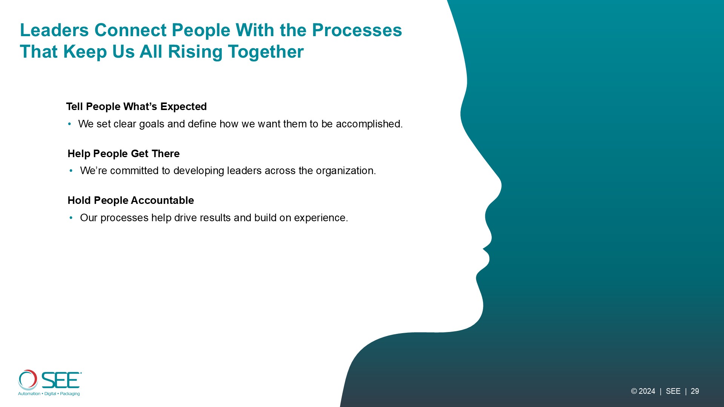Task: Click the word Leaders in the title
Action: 54,30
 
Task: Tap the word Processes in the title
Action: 357,30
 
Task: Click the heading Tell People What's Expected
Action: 137,107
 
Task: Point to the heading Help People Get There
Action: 124,154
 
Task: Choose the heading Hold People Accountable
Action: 131,200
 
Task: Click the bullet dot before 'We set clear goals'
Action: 69,124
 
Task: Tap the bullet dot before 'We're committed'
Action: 71,171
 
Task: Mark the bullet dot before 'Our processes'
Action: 71,218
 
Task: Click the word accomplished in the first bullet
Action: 369,124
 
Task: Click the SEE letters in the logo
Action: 61,380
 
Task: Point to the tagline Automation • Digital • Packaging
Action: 49,394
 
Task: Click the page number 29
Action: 695,392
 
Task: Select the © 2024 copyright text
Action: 643,392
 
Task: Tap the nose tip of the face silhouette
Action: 501,185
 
